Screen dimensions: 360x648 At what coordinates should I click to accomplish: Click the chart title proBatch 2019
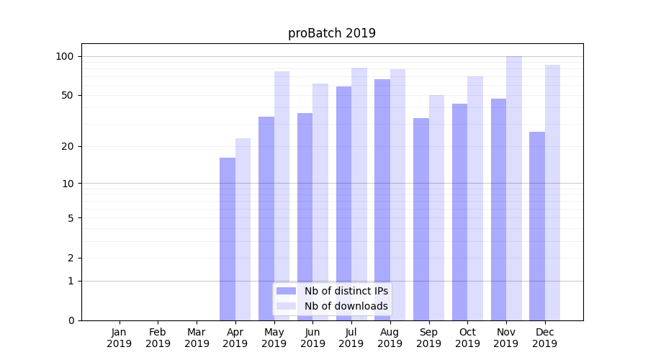[332, 33]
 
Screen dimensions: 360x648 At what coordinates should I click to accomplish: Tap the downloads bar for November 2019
[514, 188]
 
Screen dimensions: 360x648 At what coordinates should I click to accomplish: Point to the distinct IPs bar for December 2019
[537, 226]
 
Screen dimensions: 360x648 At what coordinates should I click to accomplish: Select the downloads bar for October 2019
[475, 198]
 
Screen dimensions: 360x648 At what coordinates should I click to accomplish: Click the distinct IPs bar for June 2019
[305, 217]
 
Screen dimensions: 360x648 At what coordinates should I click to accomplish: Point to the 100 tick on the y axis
[65, 56]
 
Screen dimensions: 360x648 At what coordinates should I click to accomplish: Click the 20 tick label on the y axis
[68, 146]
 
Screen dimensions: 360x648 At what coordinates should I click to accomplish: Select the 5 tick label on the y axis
[71, 217]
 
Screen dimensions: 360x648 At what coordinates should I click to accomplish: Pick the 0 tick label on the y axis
[71, 320]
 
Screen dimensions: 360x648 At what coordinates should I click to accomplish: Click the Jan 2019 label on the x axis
[120, 338]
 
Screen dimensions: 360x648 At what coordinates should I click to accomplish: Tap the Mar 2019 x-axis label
[197, 338]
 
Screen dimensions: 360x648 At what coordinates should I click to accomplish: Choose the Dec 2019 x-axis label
[545, 338]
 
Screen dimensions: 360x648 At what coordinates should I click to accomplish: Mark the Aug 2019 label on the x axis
[390, 338]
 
